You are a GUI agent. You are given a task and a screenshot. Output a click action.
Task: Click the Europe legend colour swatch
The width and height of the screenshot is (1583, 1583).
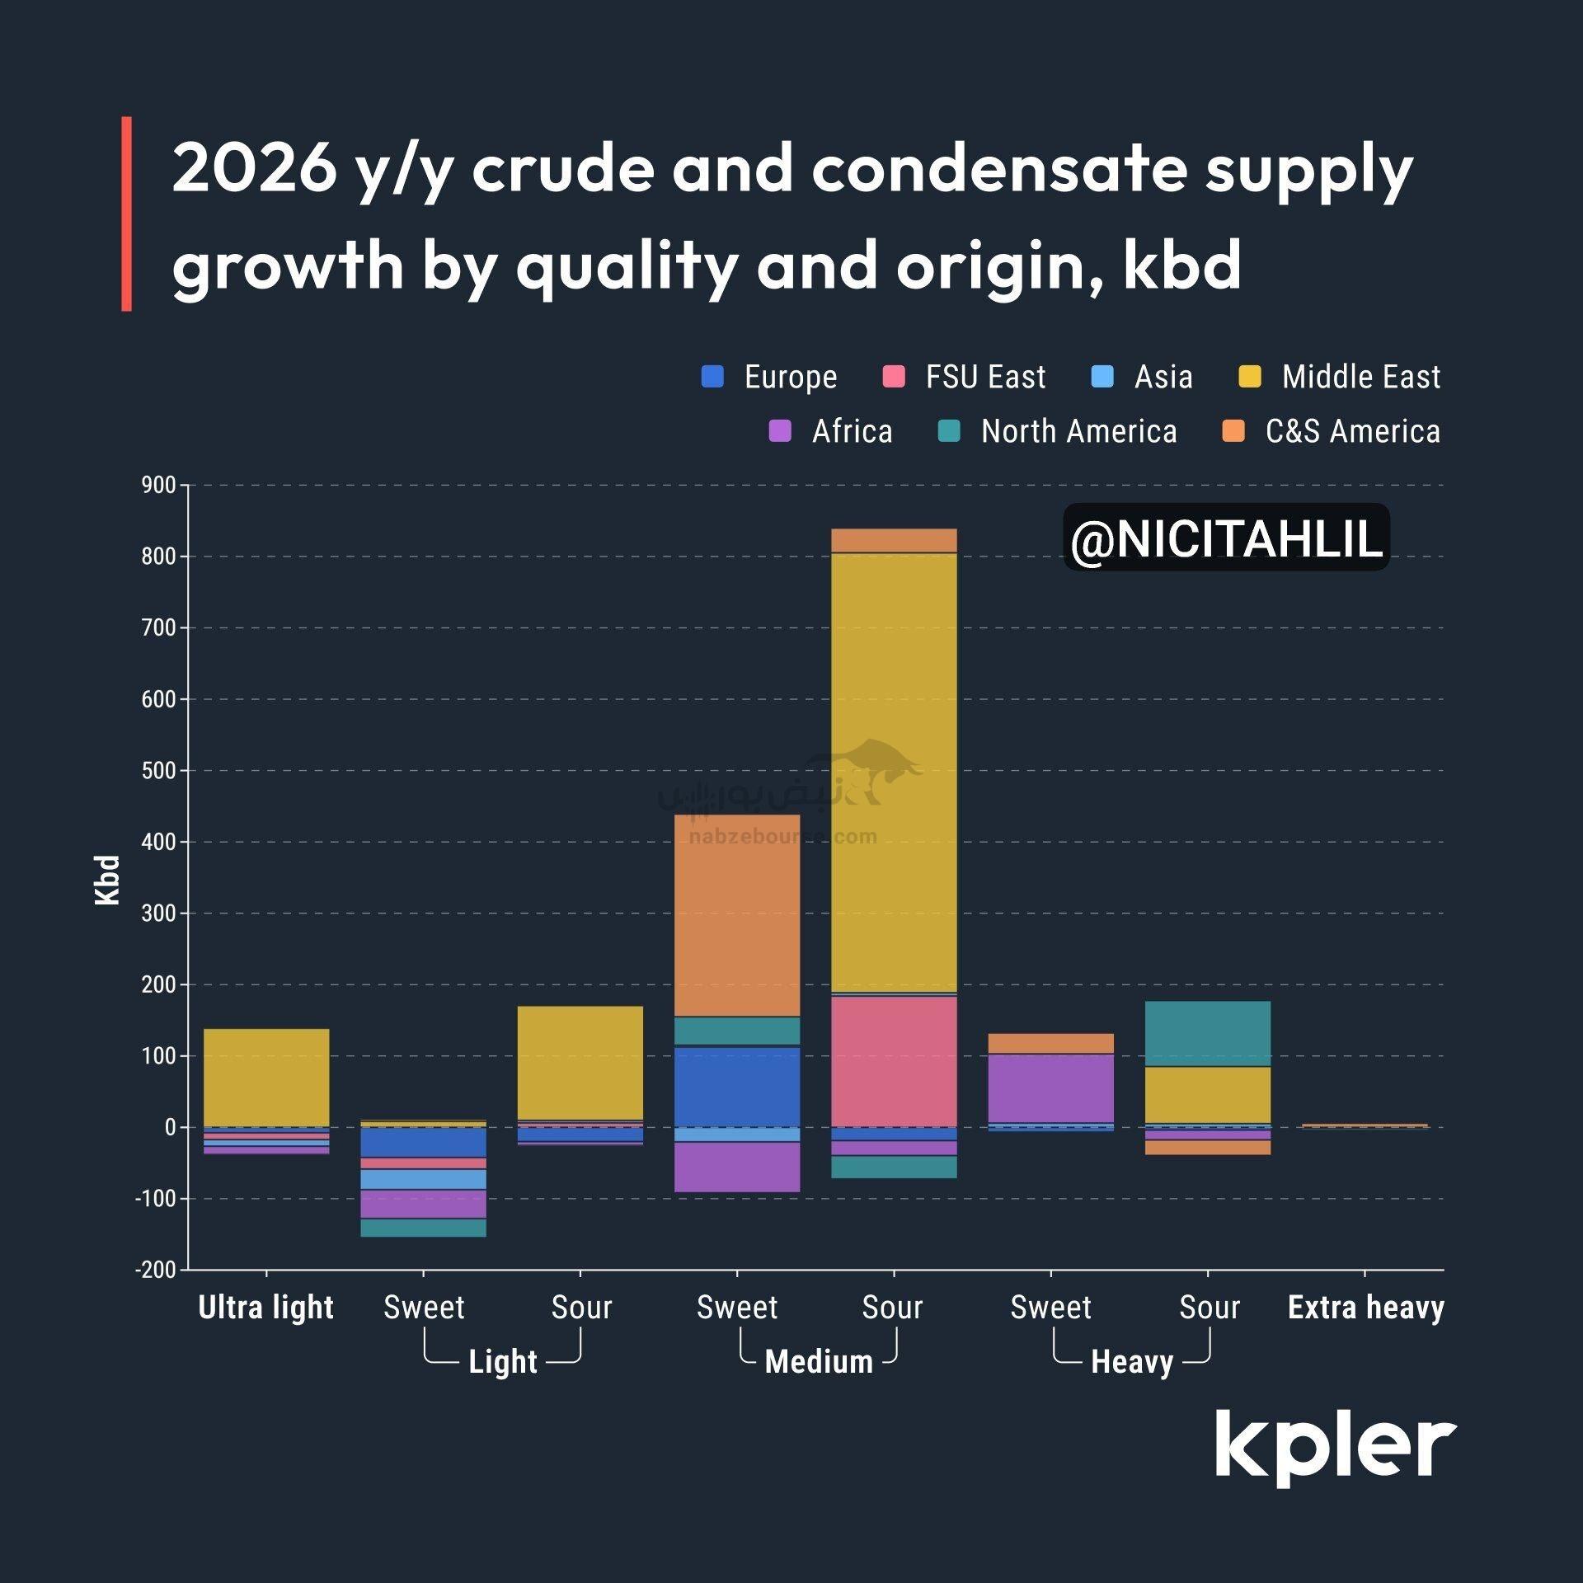(x=712, y=377)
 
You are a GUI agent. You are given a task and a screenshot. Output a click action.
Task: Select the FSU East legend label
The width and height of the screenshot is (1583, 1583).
(x=984, y=377)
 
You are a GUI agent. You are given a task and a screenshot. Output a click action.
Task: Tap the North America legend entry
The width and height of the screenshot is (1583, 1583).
(x=1078, y=431)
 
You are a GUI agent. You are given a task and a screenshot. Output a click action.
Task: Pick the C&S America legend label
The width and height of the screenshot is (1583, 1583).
(x=1352, y=431)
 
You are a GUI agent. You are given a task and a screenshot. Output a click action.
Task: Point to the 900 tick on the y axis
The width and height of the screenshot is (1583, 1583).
(x=159, y=485)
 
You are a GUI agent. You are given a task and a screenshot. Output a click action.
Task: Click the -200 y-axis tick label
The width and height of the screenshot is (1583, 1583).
(x=156, y=1270)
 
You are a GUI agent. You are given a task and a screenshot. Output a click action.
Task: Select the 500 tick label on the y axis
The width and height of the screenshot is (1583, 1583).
(x=159, y=770)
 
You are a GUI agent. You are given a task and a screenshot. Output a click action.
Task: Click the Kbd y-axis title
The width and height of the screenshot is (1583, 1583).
(x=108, y=880)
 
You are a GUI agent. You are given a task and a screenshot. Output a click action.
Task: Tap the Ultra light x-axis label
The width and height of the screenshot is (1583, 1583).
(x=265, y=1308)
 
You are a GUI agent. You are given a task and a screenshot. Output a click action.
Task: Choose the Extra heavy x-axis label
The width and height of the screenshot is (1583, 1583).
(x=1365, y=1308)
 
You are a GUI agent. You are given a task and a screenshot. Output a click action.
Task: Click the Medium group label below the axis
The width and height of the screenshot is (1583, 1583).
(x=819, y=1362)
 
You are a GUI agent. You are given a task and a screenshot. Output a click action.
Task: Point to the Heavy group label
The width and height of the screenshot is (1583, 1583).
(x=1131, y=1362)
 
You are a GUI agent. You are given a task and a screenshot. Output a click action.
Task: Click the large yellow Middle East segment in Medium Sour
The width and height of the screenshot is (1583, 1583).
(x=894, y=772)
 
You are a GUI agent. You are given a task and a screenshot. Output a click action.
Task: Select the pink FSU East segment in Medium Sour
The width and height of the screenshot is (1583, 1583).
(x=894, y=1061)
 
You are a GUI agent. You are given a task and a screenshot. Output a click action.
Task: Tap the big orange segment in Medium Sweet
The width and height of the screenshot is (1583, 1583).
(x=737, y=915)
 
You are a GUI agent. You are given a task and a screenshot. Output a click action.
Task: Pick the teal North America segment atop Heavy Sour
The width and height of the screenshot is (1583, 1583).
(x=1208, y=1034)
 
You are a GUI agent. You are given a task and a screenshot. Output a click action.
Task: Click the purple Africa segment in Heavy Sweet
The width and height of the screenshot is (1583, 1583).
(x=1050, y=1088)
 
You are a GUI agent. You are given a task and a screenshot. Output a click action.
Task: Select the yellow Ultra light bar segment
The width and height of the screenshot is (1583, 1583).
(x=265, y=1078)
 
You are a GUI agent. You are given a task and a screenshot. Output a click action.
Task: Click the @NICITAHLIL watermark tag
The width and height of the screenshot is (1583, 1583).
(x=1226, y=538)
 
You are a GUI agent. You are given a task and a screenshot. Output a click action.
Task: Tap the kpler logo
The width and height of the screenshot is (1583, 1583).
(x=1335, y=1447)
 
